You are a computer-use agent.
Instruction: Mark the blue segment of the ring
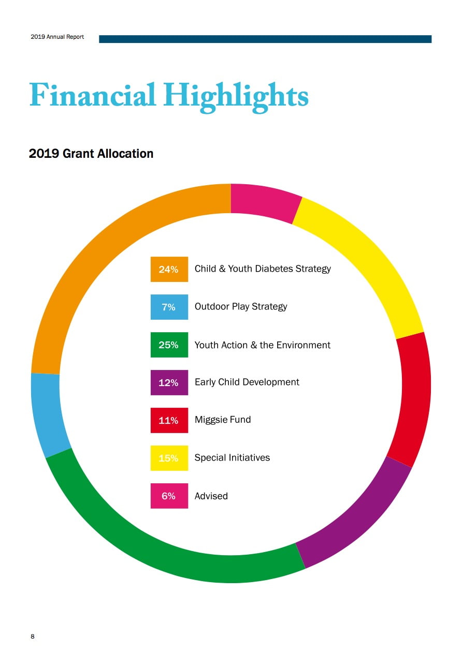tap(48, 414)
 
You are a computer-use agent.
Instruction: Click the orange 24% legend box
tap(169, 269)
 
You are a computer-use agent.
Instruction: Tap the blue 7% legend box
tap(169, 307)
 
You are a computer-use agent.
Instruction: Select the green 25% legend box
tap(169, 345)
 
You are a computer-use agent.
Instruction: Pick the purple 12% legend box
tap(169, 382)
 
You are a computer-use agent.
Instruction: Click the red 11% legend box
tap(169, 420)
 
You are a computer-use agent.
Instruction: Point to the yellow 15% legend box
tap(169, 458)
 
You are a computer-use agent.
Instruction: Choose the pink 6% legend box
tap(169, 496)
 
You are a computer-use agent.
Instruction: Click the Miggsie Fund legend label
tap(223, 420)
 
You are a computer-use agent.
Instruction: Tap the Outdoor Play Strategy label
tap(241, 306)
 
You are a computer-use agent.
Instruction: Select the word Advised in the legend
tap(211, 496)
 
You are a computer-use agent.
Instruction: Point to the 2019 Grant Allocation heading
tap(91, 154)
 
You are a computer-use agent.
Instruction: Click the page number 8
tap(33, 636)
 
